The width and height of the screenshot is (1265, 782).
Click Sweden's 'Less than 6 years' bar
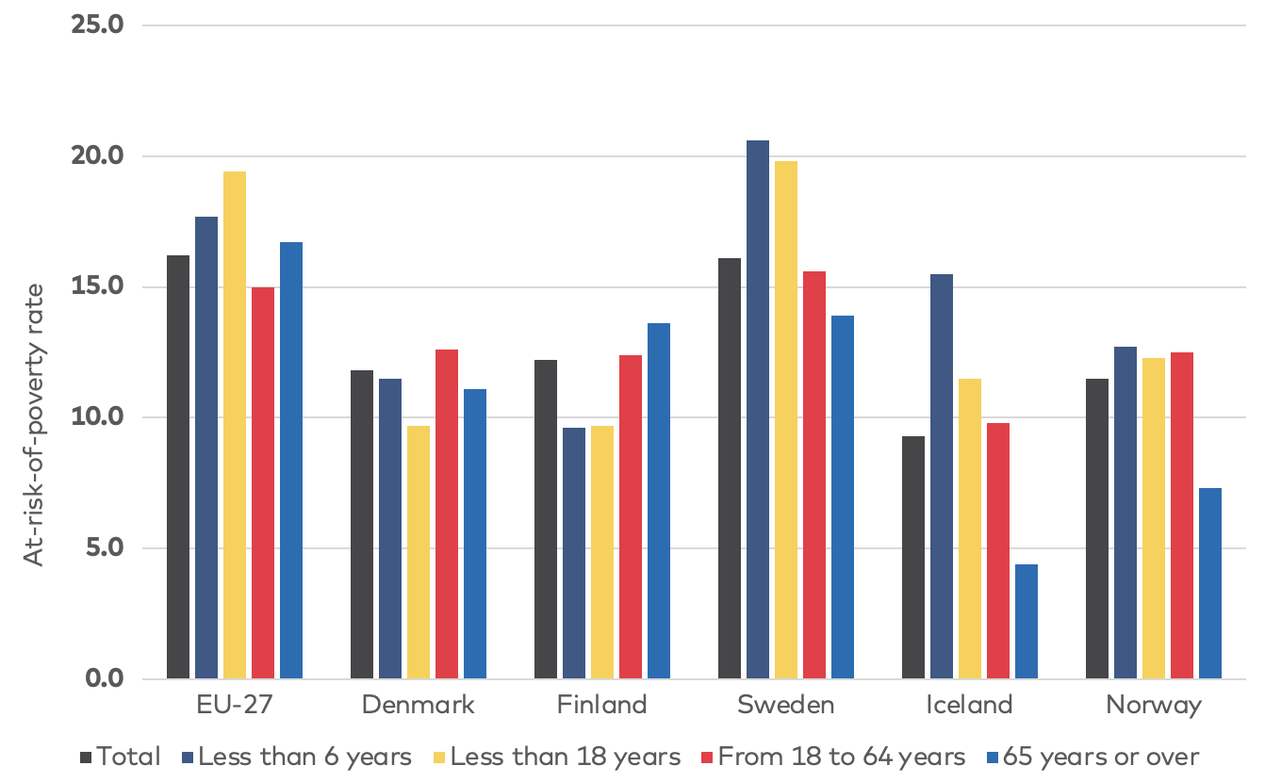tap(757, 410)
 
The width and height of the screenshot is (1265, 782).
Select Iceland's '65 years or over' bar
tap(1026, 622)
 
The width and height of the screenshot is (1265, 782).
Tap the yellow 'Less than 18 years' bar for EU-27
tap(235, 425)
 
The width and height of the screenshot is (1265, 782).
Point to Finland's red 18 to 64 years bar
tap(631, 517)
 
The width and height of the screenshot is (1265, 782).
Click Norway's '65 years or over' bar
tap(1209, 583)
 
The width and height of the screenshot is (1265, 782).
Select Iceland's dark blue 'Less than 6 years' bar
tap(941, 477)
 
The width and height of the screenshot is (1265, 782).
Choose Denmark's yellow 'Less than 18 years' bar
tap(419, 552)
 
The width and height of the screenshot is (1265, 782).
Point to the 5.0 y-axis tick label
tap(104, 548)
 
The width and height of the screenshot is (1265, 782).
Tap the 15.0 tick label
tap(98, 286)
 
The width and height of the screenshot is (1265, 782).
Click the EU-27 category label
tap(235, 705)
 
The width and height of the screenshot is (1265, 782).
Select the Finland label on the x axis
tap(601, 705)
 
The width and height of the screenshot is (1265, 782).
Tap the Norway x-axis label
tap(1154, 705)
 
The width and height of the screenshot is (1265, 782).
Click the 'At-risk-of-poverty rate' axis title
tap(35, 424)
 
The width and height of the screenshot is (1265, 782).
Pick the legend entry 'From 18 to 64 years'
tap(841, 757)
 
